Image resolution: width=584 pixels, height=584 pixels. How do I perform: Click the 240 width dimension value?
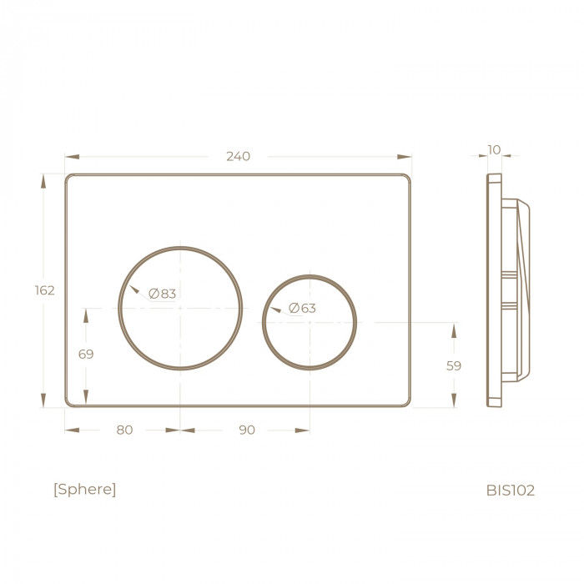239,156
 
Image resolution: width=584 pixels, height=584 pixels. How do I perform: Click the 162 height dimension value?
45,290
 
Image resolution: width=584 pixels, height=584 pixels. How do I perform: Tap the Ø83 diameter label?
162,294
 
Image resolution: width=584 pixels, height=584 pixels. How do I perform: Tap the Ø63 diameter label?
302,308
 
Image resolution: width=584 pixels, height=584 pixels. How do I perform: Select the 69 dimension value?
86,354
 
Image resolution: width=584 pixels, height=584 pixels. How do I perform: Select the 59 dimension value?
454,365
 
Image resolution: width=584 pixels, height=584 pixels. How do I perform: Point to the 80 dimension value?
124,430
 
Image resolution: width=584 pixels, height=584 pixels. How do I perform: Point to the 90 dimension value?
247,430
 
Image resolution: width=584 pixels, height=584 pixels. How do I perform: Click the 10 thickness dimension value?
494,149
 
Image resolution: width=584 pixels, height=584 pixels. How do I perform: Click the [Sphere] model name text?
85,489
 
